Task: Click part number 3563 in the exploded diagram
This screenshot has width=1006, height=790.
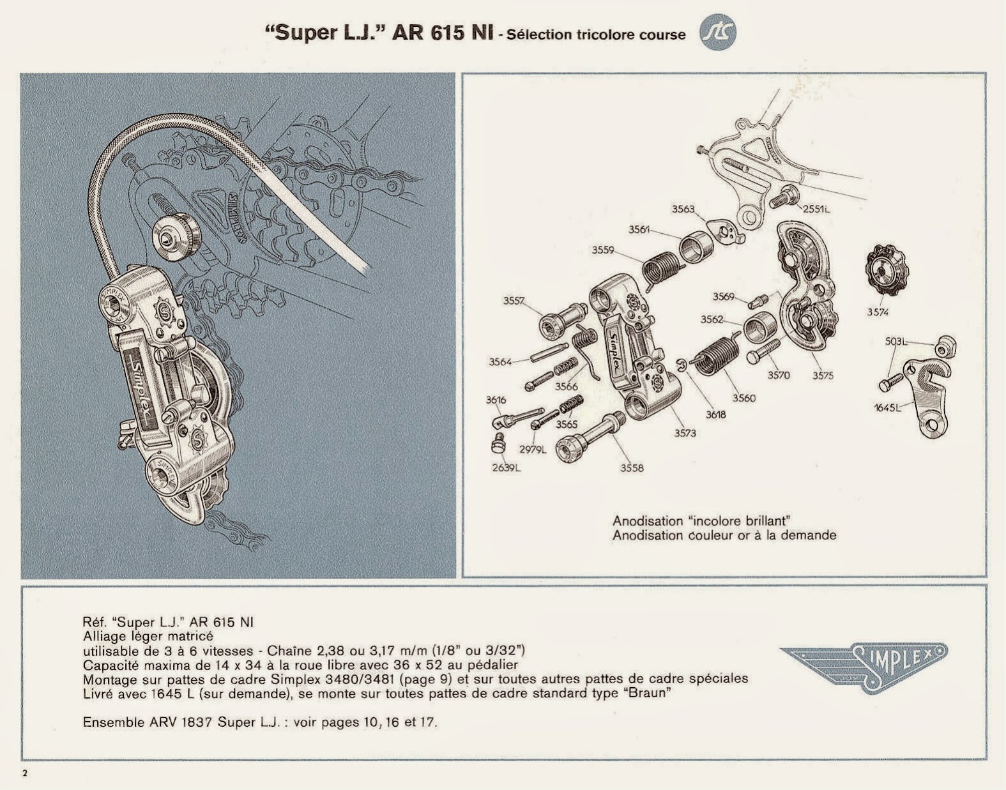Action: (x=683, y=209)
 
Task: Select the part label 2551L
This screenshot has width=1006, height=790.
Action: (x=817, y=209)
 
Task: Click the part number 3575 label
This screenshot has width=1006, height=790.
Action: (x=823, y=376)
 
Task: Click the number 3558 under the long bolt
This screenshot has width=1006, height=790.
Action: (x=632, y=468)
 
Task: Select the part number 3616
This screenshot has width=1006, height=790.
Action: (x=496, y=400)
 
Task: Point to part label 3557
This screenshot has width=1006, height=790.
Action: (x=514, y=300)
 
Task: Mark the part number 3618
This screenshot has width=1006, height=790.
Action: (x=715, y=414)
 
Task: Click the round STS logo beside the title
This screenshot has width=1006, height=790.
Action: (x=717, y=33)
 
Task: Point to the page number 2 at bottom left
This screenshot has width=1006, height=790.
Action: (x=26, y=773)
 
